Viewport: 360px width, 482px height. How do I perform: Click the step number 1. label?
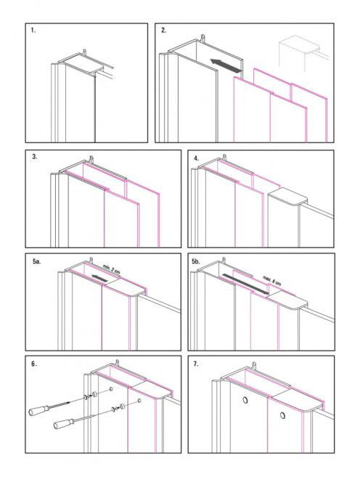click(33, 30)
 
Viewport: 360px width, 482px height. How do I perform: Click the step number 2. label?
click(163, 30)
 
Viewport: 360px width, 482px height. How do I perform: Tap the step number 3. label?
click(35, 156)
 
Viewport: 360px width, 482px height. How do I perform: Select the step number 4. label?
click(197, 159)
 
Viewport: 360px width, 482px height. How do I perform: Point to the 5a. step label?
click(36, 261)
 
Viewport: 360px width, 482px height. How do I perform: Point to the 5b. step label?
click(196, 261)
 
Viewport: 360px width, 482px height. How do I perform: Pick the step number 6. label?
click(34, 364)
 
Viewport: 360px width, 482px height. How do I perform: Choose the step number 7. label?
click(196, 364)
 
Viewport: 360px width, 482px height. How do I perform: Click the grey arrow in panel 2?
click(225, 66)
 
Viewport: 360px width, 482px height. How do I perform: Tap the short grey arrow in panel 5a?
click(99, 278)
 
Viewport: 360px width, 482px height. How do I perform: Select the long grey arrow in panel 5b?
click(245, 284)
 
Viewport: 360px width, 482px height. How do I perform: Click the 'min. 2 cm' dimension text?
click(112, 269)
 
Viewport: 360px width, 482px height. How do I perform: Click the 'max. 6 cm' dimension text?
click(271, 280)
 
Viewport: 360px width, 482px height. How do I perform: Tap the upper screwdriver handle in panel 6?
click(38, 410)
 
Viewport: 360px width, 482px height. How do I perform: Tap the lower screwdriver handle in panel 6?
click(64, 424)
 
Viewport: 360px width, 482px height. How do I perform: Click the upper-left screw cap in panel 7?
click(245, 400)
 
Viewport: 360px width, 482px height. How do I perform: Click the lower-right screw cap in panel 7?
click(282, 416)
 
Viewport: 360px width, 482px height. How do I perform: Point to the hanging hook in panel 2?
click(202, 38)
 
